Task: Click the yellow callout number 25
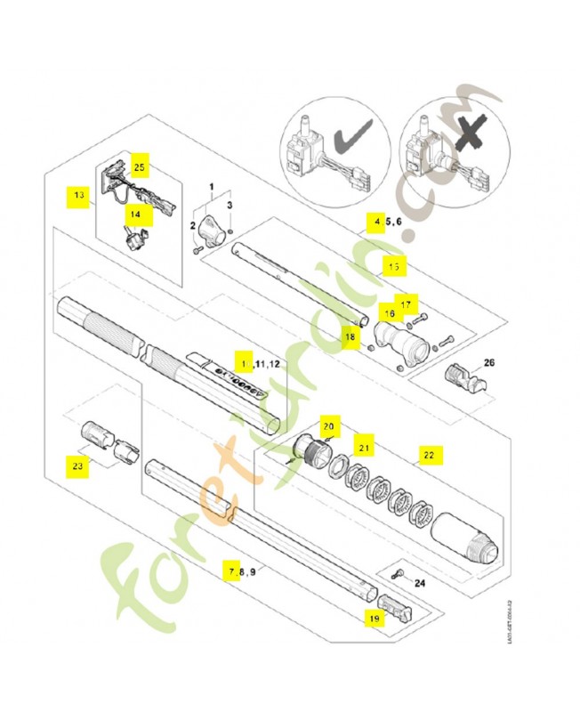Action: tap(140, 166)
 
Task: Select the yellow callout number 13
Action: tap(78, 194)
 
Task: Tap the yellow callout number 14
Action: tap(136, 214)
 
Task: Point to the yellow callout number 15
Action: tap(392, 265)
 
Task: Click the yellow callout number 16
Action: tap(388, 313)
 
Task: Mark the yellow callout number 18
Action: tap(350, 337)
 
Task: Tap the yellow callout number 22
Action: tap(429, 455)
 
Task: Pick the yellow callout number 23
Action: tap(78, 464)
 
